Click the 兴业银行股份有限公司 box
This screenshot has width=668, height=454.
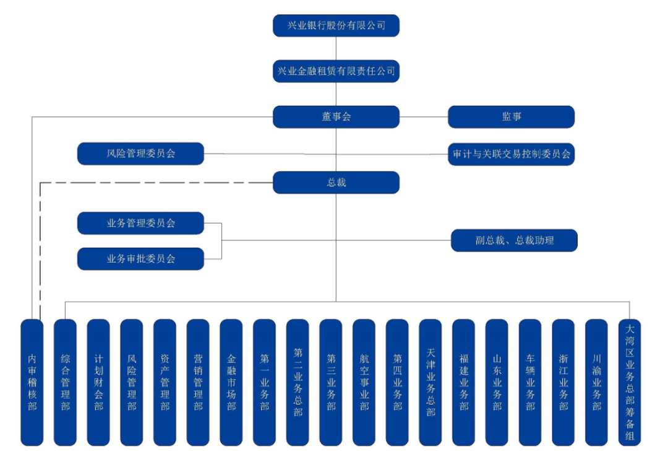[336, 26]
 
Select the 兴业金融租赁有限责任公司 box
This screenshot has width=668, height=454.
[336, 71]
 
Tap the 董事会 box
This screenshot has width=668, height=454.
[336, 116]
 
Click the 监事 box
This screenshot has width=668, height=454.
[511, 116]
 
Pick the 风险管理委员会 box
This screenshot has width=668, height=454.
[140, 153]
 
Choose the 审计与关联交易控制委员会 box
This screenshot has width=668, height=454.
[511, 154]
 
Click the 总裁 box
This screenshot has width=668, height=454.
[336, 183]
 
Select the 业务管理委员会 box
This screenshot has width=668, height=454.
[140, 223]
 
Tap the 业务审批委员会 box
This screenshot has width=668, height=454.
[140, 259]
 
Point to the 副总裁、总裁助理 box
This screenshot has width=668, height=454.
[514, 240]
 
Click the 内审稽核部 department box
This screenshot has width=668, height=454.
[32, 382]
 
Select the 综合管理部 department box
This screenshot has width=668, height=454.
[66, 382]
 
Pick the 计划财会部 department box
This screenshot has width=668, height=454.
[98, 382]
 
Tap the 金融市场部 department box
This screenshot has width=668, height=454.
[231, 382]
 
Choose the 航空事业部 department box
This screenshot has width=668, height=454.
[364, 382]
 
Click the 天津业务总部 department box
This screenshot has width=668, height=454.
[430, 382]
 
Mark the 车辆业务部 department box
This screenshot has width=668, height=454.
[530, 382]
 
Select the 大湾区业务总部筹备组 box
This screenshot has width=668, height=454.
[630, 382]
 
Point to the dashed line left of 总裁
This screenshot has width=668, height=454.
[155, 183]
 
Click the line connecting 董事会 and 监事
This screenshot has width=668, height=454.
[424, 116]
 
